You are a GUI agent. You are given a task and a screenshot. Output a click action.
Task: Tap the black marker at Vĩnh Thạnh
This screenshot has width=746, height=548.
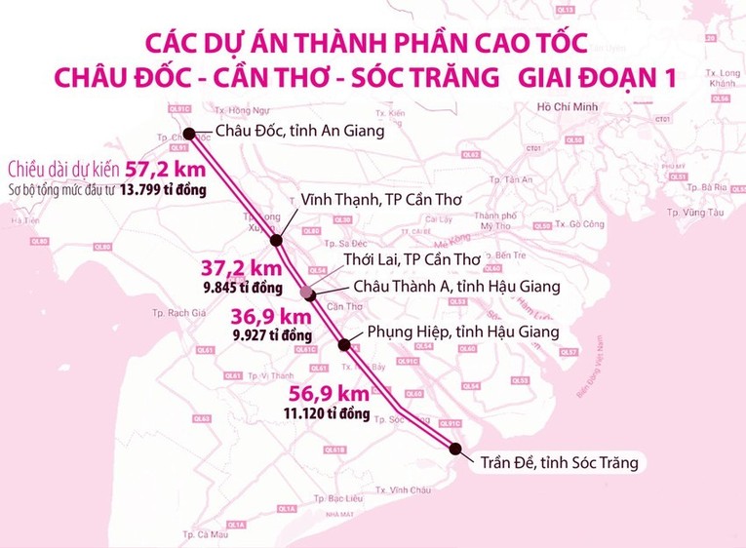coord(276,239)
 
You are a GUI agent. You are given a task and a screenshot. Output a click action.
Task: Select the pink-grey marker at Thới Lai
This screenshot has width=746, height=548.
coord(307,293)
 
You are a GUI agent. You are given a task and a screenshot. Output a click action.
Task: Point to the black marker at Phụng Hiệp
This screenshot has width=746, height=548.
coord(343,343)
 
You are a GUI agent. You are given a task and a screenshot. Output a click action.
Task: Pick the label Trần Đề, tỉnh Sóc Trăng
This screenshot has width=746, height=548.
coord(559,462)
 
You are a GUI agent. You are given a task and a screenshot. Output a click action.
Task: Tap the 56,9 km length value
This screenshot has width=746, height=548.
coord(330,394)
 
